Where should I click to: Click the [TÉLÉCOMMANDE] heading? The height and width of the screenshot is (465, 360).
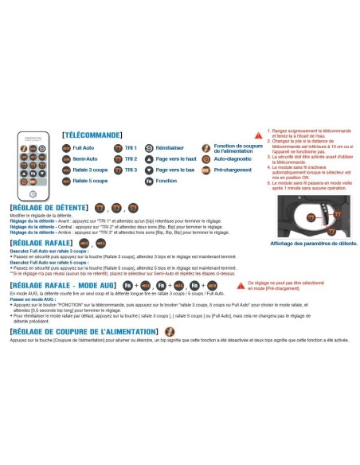[x=92, y=135]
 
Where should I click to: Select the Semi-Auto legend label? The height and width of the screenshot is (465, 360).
[x=85, y=159]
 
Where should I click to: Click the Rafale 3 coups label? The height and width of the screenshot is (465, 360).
[x=90, y=170]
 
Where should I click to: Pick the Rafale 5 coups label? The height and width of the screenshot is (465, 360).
[x=90, y=182]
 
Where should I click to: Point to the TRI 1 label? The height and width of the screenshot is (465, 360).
[x=131, y=148]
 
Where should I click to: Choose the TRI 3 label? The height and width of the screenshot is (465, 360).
[x=131, y=170]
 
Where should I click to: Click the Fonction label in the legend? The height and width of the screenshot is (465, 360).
[x=166, y=182]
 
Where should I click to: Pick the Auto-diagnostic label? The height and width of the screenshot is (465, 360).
[x=230, y=159]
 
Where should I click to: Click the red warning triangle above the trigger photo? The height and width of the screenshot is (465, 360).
[x=257, y=137]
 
